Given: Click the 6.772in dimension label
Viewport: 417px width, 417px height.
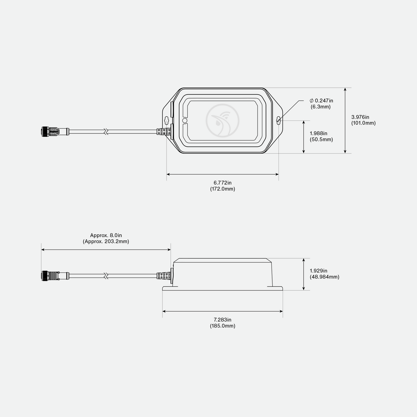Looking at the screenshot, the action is [223, 183].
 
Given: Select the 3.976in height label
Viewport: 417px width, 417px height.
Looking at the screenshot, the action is [360, 117].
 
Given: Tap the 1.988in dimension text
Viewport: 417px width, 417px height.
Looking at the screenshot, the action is [318, 133].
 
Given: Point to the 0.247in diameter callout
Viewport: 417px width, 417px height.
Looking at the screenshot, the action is [321, 100].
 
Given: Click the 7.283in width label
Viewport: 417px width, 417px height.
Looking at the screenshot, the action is [223, 320].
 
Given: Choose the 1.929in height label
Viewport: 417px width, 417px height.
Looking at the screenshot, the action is [318, 271].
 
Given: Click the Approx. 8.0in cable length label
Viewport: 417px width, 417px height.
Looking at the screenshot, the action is [106, 235].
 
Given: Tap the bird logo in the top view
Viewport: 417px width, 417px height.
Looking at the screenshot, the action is [223, 121].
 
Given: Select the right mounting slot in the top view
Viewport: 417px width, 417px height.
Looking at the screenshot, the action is [279, 120].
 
